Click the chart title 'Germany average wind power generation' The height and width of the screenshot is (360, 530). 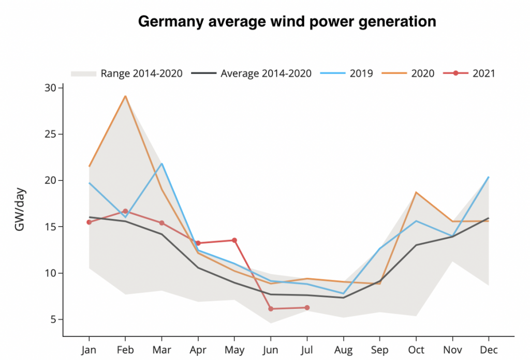pos(287,22)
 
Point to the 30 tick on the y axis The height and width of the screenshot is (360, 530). pos(50,88)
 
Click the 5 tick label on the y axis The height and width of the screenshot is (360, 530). pos(53,319)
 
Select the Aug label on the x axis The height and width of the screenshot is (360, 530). pos(343,350)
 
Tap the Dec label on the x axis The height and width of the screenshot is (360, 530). pos(489,350)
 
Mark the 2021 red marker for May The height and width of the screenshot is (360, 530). pos(234,240)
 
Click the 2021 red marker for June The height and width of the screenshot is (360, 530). pos(271,309)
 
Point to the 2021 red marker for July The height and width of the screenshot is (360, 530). pos(307,308)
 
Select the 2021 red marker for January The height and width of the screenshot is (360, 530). pos(89,222)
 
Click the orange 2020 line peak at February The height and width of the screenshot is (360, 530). pos(125,96)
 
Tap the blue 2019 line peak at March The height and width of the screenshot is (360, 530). pos(162,164)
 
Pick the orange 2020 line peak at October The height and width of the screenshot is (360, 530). pos(416,192)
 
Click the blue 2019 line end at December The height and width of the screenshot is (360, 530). pos(488,177)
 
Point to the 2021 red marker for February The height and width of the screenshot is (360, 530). pos(125,211)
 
